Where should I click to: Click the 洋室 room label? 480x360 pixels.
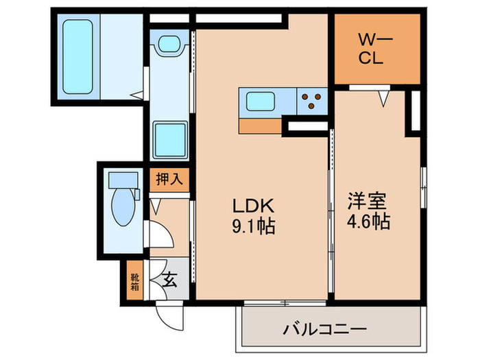[x=367, y=201]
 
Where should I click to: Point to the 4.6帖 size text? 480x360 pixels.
[x=368, y=222]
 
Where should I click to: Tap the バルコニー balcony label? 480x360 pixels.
[x=324, y=328]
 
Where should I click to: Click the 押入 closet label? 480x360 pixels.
[x=169, y=180]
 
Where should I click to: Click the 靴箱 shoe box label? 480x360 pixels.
[x=134, y=281]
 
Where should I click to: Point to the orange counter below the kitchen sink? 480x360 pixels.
[x=261, y=126]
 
